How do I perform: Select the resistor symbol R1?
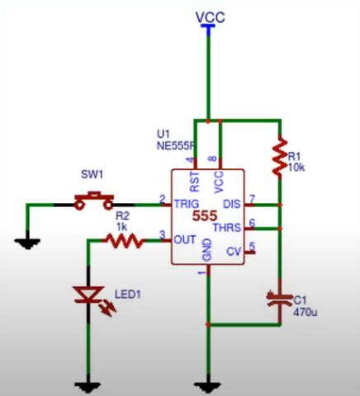coord(281,153)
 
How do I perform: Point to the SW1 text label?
coord(91,175)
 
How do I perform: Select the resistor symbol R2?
coord(124,240)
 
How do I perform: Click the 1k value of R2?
coord(122,226)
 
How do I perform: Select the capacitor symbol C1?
coord(281,299)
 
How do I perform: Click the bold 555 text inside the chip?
coord(206,215)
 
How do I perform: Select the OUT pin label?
coord(183,240)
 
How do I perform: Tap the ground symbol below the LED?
coord(88,384)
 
